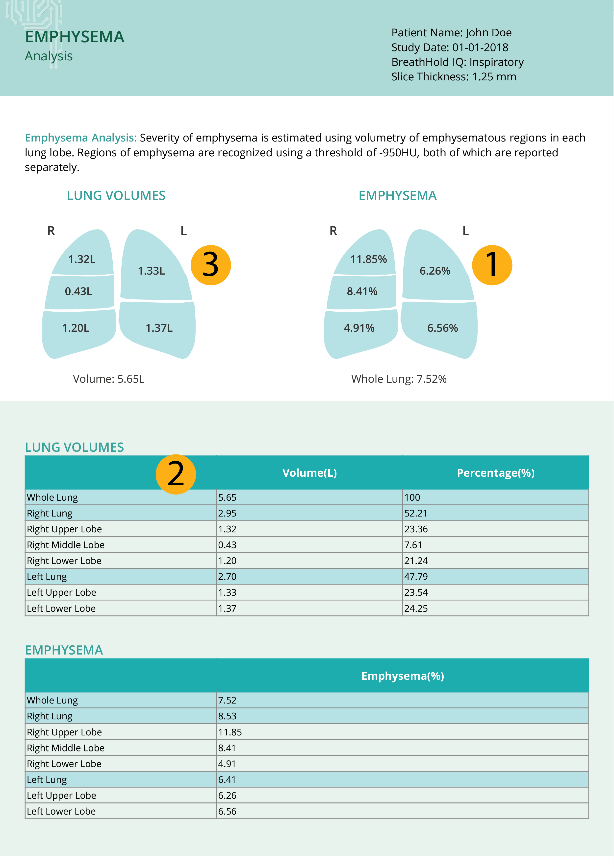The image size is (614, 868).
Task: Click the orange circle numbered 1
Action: [492, 265]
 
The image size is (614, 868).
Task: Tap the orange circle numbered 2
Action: [176, 474]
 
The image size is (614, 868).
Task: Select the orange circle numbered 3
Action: [211, 265]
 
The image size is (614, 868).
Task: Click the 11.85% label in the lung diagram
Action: [368, 259]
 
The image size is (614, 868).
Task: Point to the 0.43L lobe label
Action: [78, 291]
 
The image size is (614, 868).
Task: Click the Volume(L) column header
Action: [309, 473]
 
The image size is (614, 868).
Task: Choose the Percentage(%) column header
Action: [496, 473]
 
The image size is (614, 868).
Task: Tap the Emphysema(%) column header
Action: [403, 676]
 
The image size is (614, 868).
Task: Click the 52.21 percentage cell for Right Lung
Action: [415, 513]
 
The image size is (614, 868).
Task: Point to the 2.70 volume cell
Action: [227, 577]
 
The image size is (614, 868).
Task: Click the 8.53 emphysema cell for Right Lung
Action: [227, 716]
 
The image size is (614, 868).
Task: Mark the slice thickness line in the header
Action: [454, 77]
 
